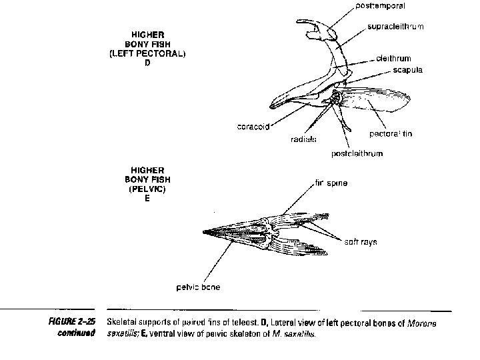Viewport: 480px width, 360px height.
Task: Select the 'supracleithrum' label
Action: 395,27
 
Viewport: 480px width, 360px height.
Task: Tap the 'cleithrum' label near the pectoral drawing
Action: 393,59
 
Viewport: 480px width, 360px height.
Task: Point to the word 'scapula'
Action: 407,69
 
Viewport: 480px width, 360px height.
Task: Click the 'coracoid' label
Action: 253,127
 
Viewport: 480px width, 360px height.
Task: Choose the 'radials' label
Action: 303,139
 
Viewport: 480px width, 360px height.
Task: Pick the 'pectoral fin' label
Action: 391,134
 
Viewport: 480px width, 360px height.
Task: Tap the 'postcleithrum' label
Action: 357,155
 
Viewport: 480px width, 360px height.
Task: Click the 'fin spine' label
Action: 331,183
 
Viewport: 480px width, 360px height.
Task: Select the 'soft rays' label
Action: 361,242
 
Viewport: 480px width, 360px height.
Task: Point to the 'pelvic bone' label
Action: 198,287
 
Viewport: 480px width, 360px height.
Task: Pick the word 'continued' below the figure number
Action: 75,334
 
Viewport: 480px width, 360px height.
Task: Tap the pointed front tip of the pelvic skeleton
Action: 204,232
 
